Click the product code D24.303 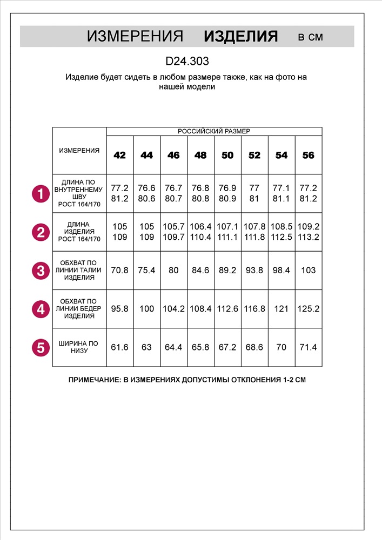tap(187, 62)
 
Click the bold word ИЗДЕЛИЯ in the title tap(240, 37)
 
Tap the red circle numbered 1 tap(41, 194)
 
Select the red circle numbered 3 tap(41, 271)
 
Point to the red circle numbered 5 tap(41, 347)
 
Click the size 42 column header tap(119, 156)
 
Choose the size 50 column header tap(227, 156)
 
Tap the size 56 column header tap(308, 156)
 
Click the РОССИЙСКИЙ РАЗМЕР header tap(214, 131)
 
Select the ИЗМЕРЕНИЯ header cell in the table tap(79, 151)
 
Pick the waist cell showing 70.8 tap(119, 271)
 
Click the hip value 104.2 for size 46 tap(173, 309)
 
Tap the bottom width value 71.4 tap(308, 347)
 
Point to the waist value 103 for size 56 tap(308, 271)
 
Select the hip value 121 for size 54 tap(281, 309)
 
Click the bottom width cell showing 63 tap(146, 347)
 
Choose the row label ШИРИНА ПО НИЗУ tap(79, 347)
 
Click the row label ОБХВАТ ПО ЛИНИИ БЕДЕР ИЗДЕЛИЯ tap(79, 308)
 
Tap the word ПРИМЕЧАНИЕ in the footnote tap(95, 380)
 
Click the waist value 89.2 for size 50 tap(227, 271)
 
